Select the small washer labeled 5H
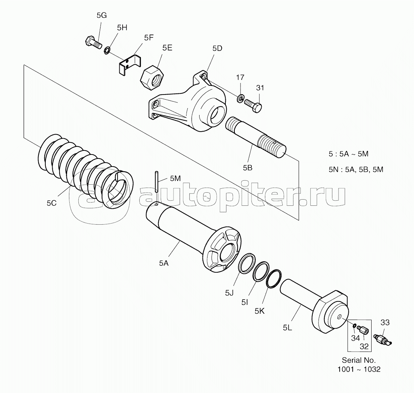[x=107, y=50]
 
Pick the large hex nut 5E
[x=152, y=78]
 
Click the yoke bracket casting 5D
[x=188, y=102]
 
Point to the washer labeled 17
[x=240, y=99]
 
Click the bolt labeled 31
[x=253, y=106]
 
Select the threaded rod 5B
[x=255, y=137]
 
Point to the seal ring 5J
[x=247, y=263]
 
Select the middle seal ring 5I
[x=261, y=271]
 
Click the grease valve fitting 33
[x=382, y=339]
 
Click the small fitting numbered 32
[x=363, y=329]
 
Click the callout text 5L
[x=287, y=328]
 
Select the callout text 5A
[x=164, y=263]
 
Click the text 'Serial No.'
[x=359, y=360]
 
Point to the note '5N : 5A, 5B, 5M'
[x=356, y=169]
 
